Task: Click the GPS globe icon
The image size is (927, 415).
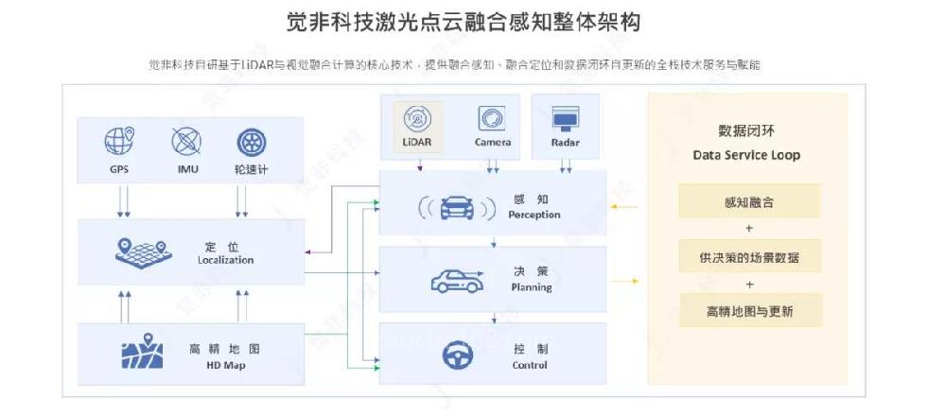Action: (119, 142)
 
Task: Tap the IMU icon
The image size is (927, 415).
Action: (185, 142)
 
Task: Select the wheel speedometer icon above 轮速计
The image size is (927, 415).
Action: (249, 142)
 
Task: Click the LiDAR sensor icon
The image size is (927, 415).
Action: (417, 119)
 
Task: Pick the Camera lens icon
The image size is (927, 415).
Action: (492, 119)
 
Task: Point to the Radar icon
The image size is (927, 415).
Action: (565, 119)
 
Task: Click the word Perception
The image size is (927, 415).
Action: (533, 215)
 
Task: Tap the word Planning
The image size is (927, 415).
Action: (531, 287)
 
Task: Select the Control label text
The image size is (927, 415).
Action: (530, 365)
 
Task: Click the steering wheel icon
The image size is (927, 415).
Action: (458, 355)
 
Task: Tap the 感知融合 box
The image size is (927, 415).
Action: (749, 200)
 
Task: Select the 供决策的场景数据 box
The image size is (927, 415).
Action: (749, 256)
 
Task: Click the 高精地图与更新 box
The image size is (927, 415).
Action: (749, 311)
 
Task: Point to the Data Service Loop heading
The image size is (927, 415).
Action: (745, 155)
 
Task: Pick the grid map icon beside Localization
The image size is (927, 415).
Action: (141, 251)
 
